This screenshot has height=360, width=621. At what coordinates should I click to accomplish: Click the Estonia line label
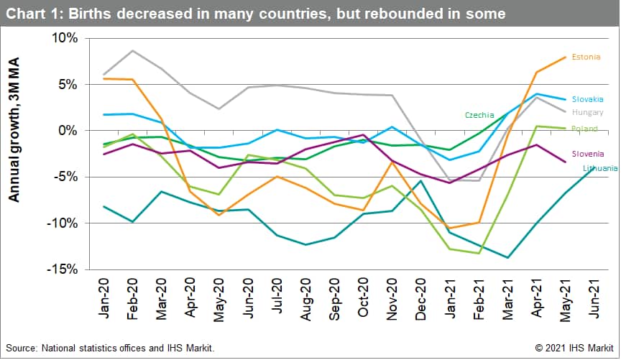pyautogui.click(x=586, y=57)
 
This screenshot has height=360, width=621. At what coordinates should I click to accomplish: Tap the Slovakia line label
pyautogui.click(x=587, y=99)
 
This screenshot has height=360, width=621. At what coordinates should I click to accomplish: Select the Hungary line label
pyautogui.click(x=587, y=113)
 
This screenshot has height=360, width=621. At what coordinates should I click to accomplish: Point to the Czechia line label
pyautogui.click(x=479, y=115)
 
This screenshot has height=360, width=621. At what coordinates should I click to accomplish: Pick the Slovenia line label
pyautogui.click(x=587, y=154)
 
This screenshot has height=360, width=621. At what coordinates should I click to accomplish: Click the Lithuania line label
pyautogui.click(x=599, y=168)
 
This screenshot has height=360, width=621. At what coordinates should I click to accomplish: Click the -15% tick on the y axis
pyautogui.click(x=64, y=269)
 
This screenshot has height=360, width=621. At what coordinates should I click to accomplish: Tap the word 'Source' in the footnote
pyautogui.click(x=22, y=349)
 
